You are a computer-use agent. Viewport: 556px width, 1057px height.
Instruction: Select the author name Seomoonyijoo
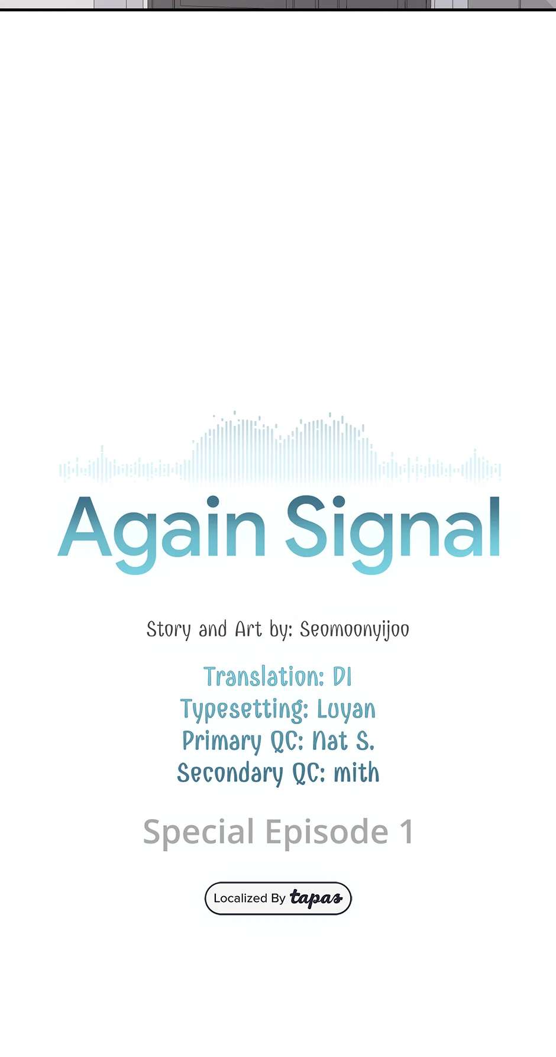pos(354,630)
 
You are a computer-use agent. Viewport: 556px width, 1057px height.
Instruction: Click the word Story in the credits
pos(169,630)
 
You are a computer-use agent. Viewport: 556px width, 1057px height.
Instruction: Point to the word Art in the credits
pos(248,629)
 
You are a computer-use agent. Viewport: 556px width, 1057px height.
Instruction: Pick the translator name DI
pos(342,677)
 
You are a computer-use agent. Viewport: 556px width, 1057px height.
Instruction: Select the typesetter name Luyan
pos(346,710)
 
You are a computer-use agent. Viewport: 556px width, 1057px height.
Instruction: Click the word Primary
pos(222,742)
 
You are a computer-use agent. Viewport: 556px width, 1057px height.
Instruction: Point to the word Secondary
pos(230,774)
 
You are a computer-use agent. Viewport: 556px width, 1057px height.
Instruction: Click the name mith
pos(356,773)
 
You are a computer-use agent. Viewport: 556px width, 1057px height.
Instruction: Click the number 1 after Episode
pos(406,832)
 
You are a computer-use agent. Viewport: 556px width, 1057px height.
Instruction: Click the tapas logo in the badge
pos(316,898)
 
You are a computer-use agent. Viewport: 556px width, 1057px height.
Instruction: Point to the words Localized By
pos(249,898)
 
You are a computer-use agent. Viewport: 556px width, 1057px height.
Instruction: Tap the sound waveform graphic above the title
pos(280,447)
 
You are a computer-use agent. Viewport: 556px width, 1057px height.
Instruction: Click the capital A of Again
pos(85,526)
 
